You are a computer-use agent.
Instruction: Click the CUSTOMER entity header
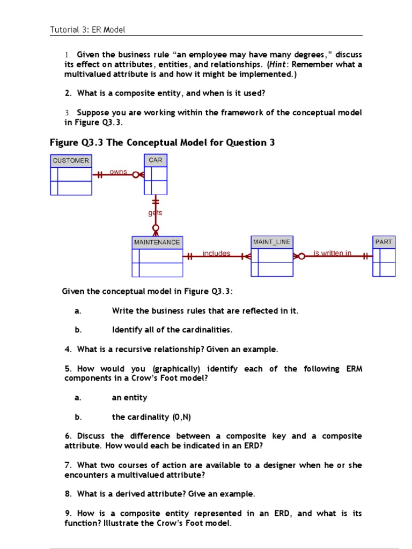click(x=71, y=161)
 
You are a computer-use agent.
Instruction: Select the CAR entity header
click(x=155, y=160)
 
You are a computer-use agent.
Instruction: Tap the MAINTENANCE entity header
click(x=157, y=242)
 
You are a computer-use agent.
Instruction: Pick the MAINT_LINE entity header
click(x=271, y=242)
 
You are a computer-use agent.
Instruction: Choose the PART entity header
click(x=384, y=242)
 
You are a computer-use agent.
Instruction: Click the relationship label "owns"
click(x=118, y=172)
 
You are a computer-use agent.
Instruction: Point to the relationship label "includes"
click(x=217, y=253)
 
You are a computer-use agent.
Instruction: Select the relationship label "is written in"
click(x=333, y=253)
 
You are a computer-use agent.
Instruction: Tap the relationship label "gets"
click(x=156, y=213)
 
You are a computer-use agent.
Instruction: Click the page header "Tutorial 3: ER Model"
click(x=87, y=30)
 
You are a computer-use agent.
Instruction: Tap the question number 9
click(x=67, y=513)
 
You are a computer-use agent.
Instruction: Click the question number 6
click(x=67, y=436)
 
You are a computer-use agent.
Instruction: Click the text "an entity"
click(x=129, y=397)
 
